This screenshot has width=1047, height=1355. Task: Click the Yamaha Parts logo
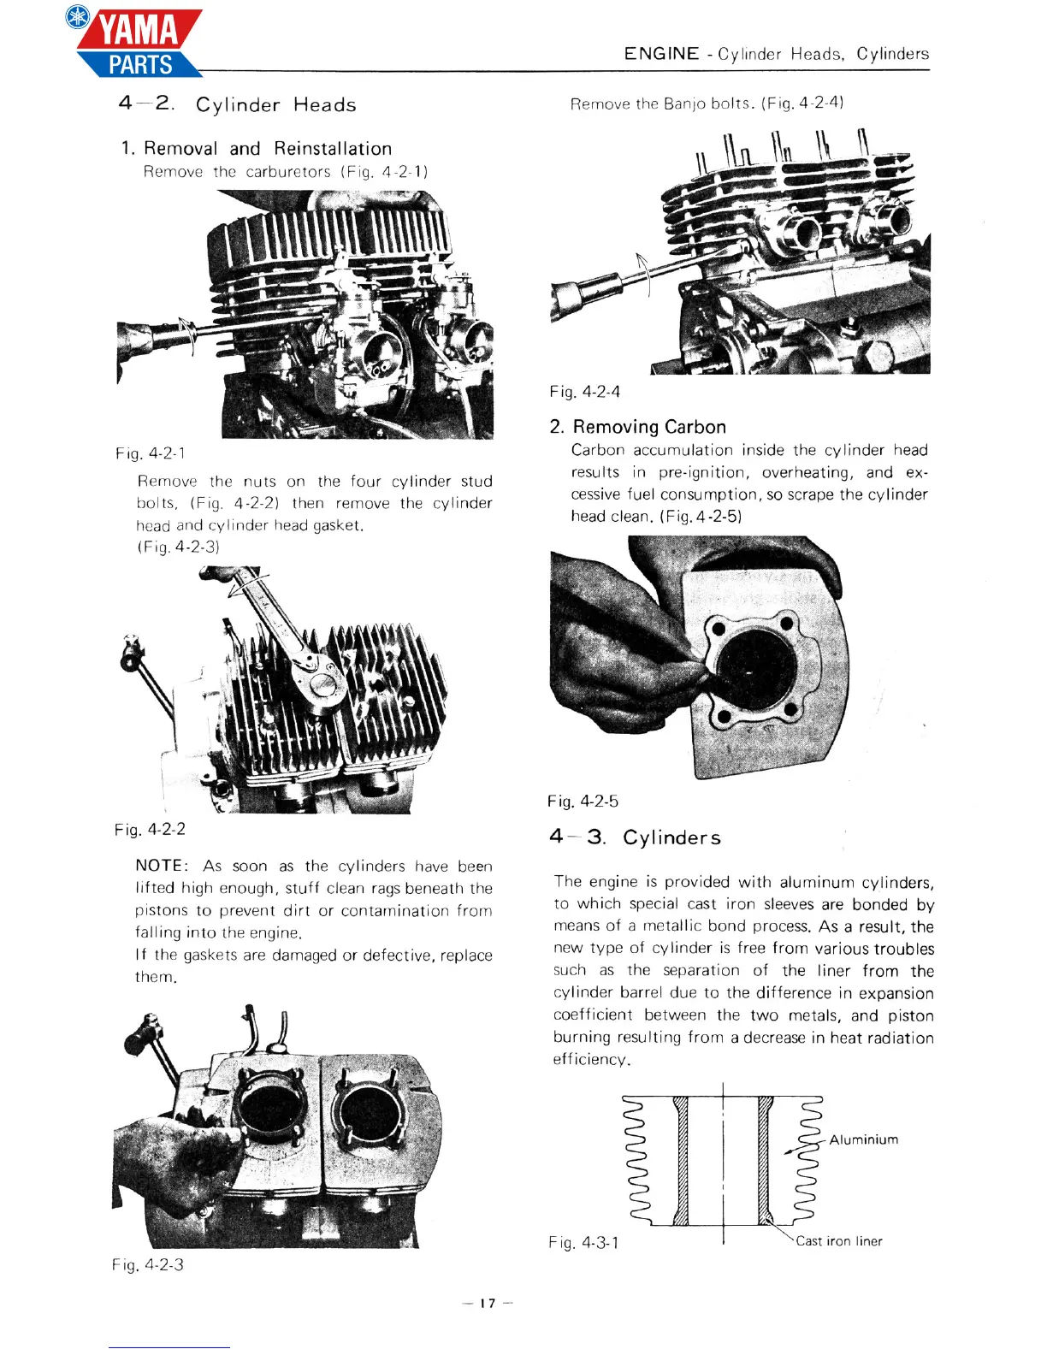[x=137, y=43]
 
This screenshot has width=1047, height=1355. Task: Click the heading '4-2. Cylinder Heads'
[x=237, y=104]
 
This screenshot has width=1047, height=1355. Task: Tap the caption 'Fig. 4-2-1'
[x=151, y=453]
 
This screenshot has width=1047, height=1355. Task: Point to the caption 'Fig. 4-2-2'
[x=151, y=829]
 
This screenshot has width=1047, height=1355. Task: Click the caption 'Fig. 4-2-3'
[x=148, y=1264]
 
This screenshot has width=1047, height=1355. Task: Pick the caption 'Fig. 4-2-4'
[x=585, y=392]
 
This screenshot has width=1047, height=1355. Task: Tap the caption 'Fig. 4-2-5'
[x=583, y=802]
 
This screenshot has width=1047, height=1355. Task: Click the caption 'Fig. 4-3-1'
[x=584, y=1242]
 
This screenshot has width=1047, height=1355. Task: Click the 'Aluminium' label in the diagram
[x=863, y=1139]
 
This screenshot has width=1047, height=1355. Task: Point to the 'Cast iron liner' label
[x=838, y=1241]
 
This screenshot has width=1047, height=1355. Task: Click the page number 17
[x=487, y=1304]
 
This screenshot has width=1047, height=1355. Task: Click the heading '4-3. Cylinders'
[x=636, y=837]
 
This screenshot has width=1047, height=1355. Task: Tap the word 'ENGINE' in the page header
[x=661, y=54]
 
